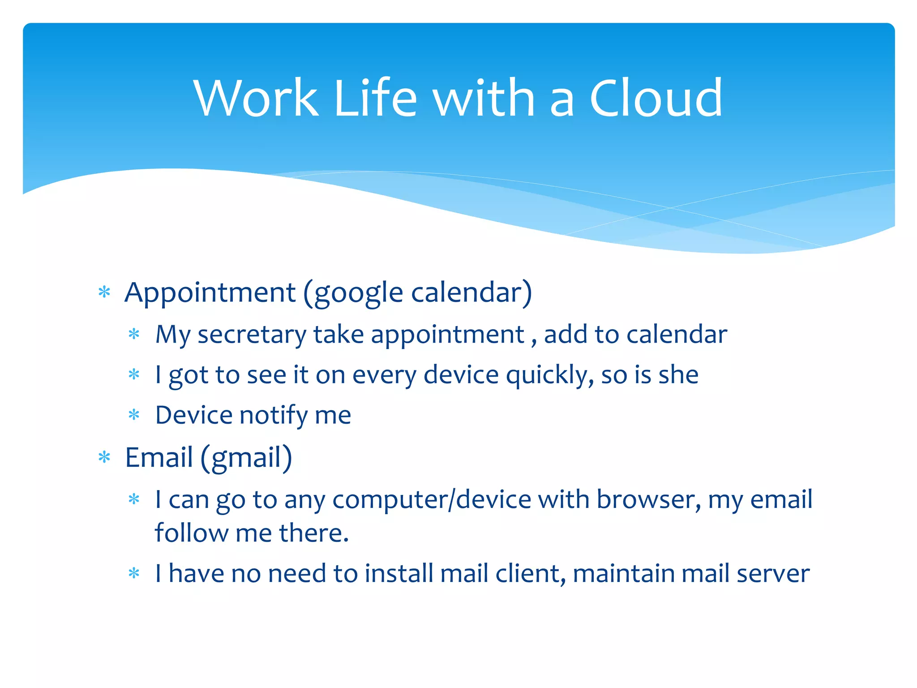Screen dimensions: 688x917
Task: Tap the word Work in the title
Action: click(256, 98)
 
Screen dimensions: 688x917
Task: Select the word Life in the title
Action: click(375, 98)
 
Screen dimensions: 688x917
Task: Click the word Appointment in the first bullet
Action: click(210, 293)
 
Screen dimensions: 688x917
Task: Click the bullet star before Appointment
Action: click(104, 293)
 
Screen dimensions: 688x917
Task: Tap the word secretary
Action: click(252, 335)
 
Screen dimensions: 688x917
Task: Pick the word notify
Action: click(274, 416)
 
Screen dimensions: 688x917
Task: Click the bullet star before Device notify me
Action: click(134, 415)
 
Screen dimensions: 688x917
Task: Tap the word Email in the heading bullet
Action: click(159, 458)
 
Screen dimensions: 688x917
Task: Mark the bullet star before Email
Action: click(104, 458)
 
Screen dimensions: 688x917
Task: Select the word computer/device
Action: click(432, 500)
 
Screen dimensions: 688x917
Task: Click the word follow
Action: click(191, 533)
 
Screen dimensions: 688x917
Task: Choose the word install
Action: click(399, 574)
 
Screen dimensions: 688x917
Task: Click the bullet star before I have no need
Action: click(134, 573)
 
